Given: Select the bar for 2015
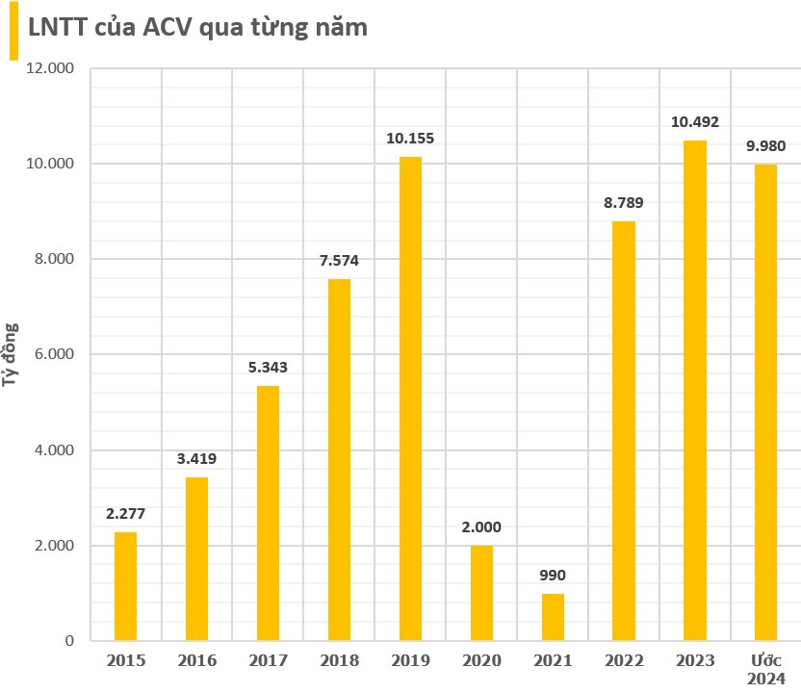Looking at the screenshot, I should (x=125, y=586).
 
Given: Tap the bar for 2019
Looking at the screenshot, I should (x=410, y=398).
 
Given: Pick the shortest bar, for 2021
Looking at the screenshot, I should (x=553, y=617).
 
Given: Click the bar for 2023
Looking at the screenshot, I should (x=695, y=390).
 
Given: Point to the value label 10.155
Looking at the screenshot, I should (x=410, y=138).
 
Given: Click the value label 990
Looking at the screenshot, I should (x=553, y=576).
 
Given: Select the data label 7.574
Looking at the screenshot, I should (x=339, y=260).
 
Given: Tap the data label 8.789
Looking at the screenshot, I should (x=624, y=202).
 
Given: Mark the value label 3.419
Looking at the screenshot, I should (x=196, y=458).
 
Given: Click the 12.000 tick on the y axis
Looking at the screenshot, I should (x=53, y=69).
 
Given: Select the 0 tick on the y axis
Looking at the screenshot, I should (x=70, y=641).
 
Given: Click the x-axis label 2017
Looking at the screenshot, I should (x=268, y=661).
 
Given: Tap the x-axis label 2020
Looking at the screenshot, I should (x=481, y=661).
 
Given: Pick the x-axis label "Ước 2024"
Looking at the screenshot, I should (x=766, y=669).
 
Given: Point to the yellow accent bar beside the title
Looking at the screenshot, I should (x=13, y=31).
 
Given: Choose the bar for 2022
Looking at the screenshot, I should (x=624, y=431).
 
